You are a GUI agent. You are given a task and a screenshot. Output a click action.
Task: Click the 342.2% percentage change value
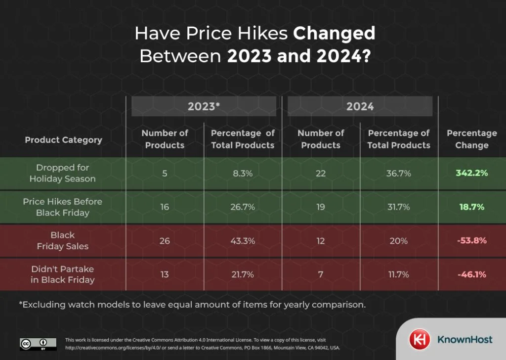click(471, 173)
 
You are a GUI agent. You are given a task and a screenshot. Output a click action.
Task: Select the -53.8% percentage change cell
click(471, 240)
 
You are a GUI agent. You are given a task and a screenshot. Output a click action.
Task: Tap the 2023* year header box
click(204, 106)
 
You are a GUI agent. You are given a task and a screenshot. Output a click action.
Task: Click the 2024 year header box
click(360, 106)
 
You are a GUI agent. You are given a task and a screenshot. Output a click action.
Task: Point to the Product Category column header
click(63, 139)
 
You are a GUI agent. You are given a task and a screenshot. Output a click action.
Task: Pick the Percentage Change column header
click(471, 139)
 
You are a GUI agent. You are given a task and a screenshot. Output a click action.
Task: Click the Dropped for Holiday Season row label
click(62, 173)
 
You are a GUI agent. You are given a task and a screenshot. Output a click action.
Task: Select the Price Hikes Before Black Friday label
click(62, 207)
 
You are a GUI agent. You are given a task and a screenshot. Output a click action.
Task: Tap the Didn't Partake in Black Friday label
click(62, 274)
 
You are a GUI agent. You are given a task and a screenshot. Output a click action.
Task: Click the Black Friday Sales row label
click(62, 240)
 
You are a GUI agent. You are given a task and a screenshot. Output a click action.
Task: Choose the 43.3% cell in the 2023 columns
click(242, 240)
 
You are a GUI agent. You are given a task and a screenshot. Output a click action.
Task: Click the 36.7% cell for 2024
click(398, 173)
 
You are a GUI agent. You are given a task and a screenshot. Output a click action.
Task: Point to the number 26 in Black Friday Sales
click(165, 240)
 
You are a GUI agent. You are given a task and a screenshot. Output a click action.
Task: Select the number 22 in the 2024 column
click(321, 173)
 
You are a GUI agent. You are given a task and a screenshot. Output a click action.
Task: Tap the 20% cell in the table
click(398, 240)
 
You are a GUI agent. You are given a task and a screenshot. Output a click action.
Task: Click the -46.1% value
click(471, 274)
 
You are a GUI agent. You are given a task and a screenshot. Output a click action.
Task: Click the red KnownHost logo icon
click(419, 339)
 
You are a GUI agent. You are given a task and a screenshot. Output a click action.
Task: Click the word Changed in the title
click(334, 34)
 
